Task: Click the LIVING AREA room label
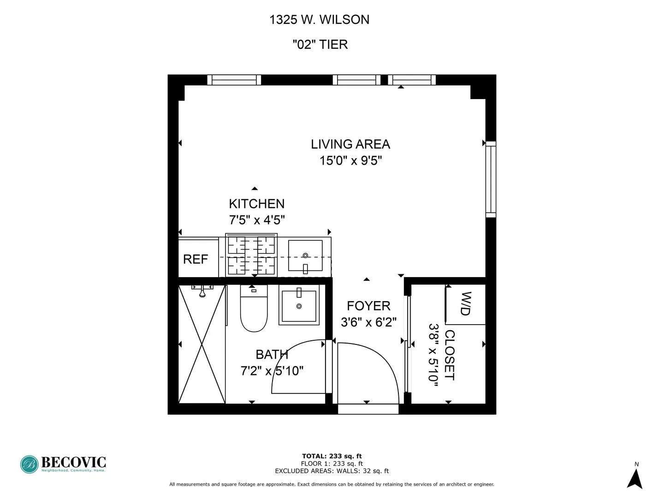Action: pos(350,144)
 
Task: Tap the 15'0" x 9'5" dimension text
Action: pos(350,161)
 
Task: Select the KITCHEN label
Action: pos(257,204)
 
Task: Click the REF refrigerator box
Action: pos(196,259)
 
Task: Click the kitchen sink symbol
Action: pos(305,256)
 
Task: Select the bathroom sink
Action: pos(299,305)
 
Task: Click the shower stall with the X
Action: pos(202,344)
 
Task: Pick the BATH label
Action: pos(272,355)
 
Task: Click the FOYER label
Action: pos(368,306)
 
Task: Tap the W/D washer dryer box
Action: pos(466,304)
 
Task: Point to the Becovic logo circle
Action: pos(30,464)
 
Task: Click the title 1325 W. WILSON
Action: pos(319,20)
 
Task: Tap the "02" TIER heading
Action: pos(320,45)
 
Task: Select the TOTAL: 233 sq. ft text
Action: pos(332,456)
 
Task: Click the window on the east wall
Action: pos(491,179)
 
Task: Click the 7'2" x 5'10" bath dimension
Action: pos(272,371)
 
